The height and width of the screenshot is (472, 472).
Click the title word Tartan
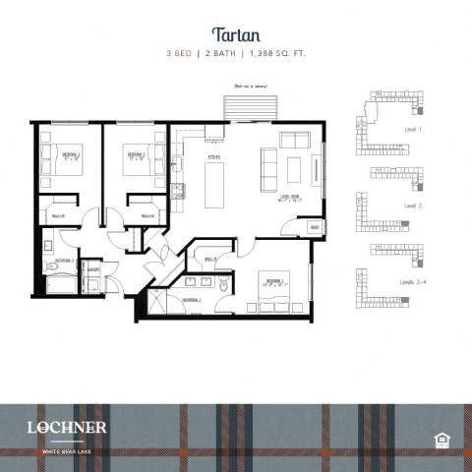235,34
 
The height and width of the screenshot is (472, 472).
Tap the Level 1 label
413,130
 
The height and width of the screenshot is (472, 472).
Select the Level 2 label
413,207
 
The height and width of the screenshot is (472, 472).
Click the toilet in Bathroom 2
49,246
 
